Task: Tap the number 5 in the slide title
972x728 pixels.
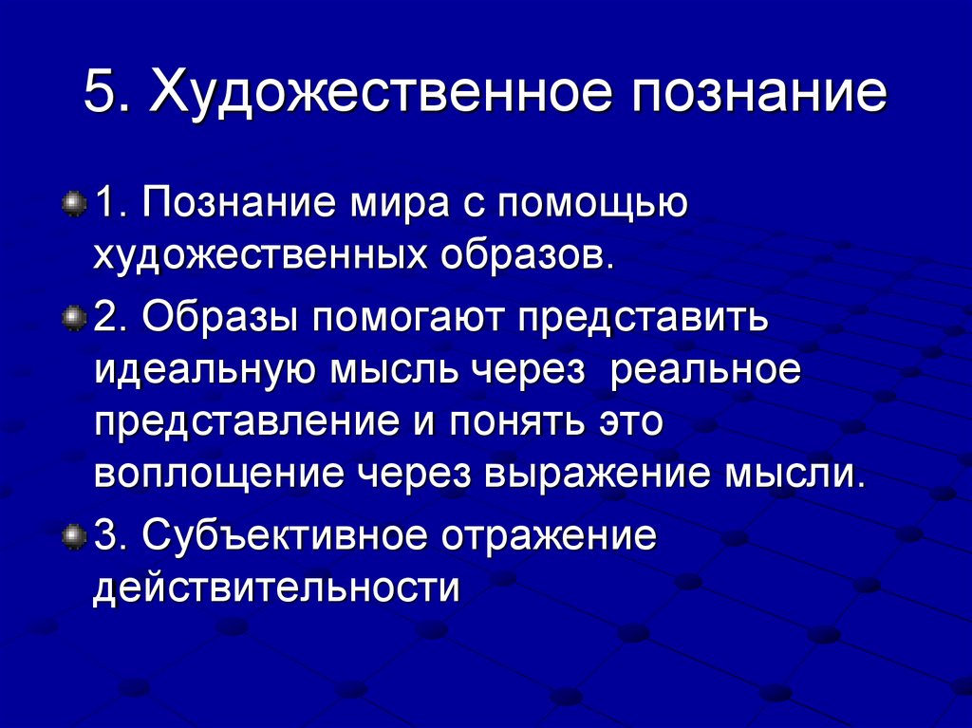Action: (x=100, y=96)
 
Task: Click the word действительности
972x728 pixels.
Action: (x=276, y=588)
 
